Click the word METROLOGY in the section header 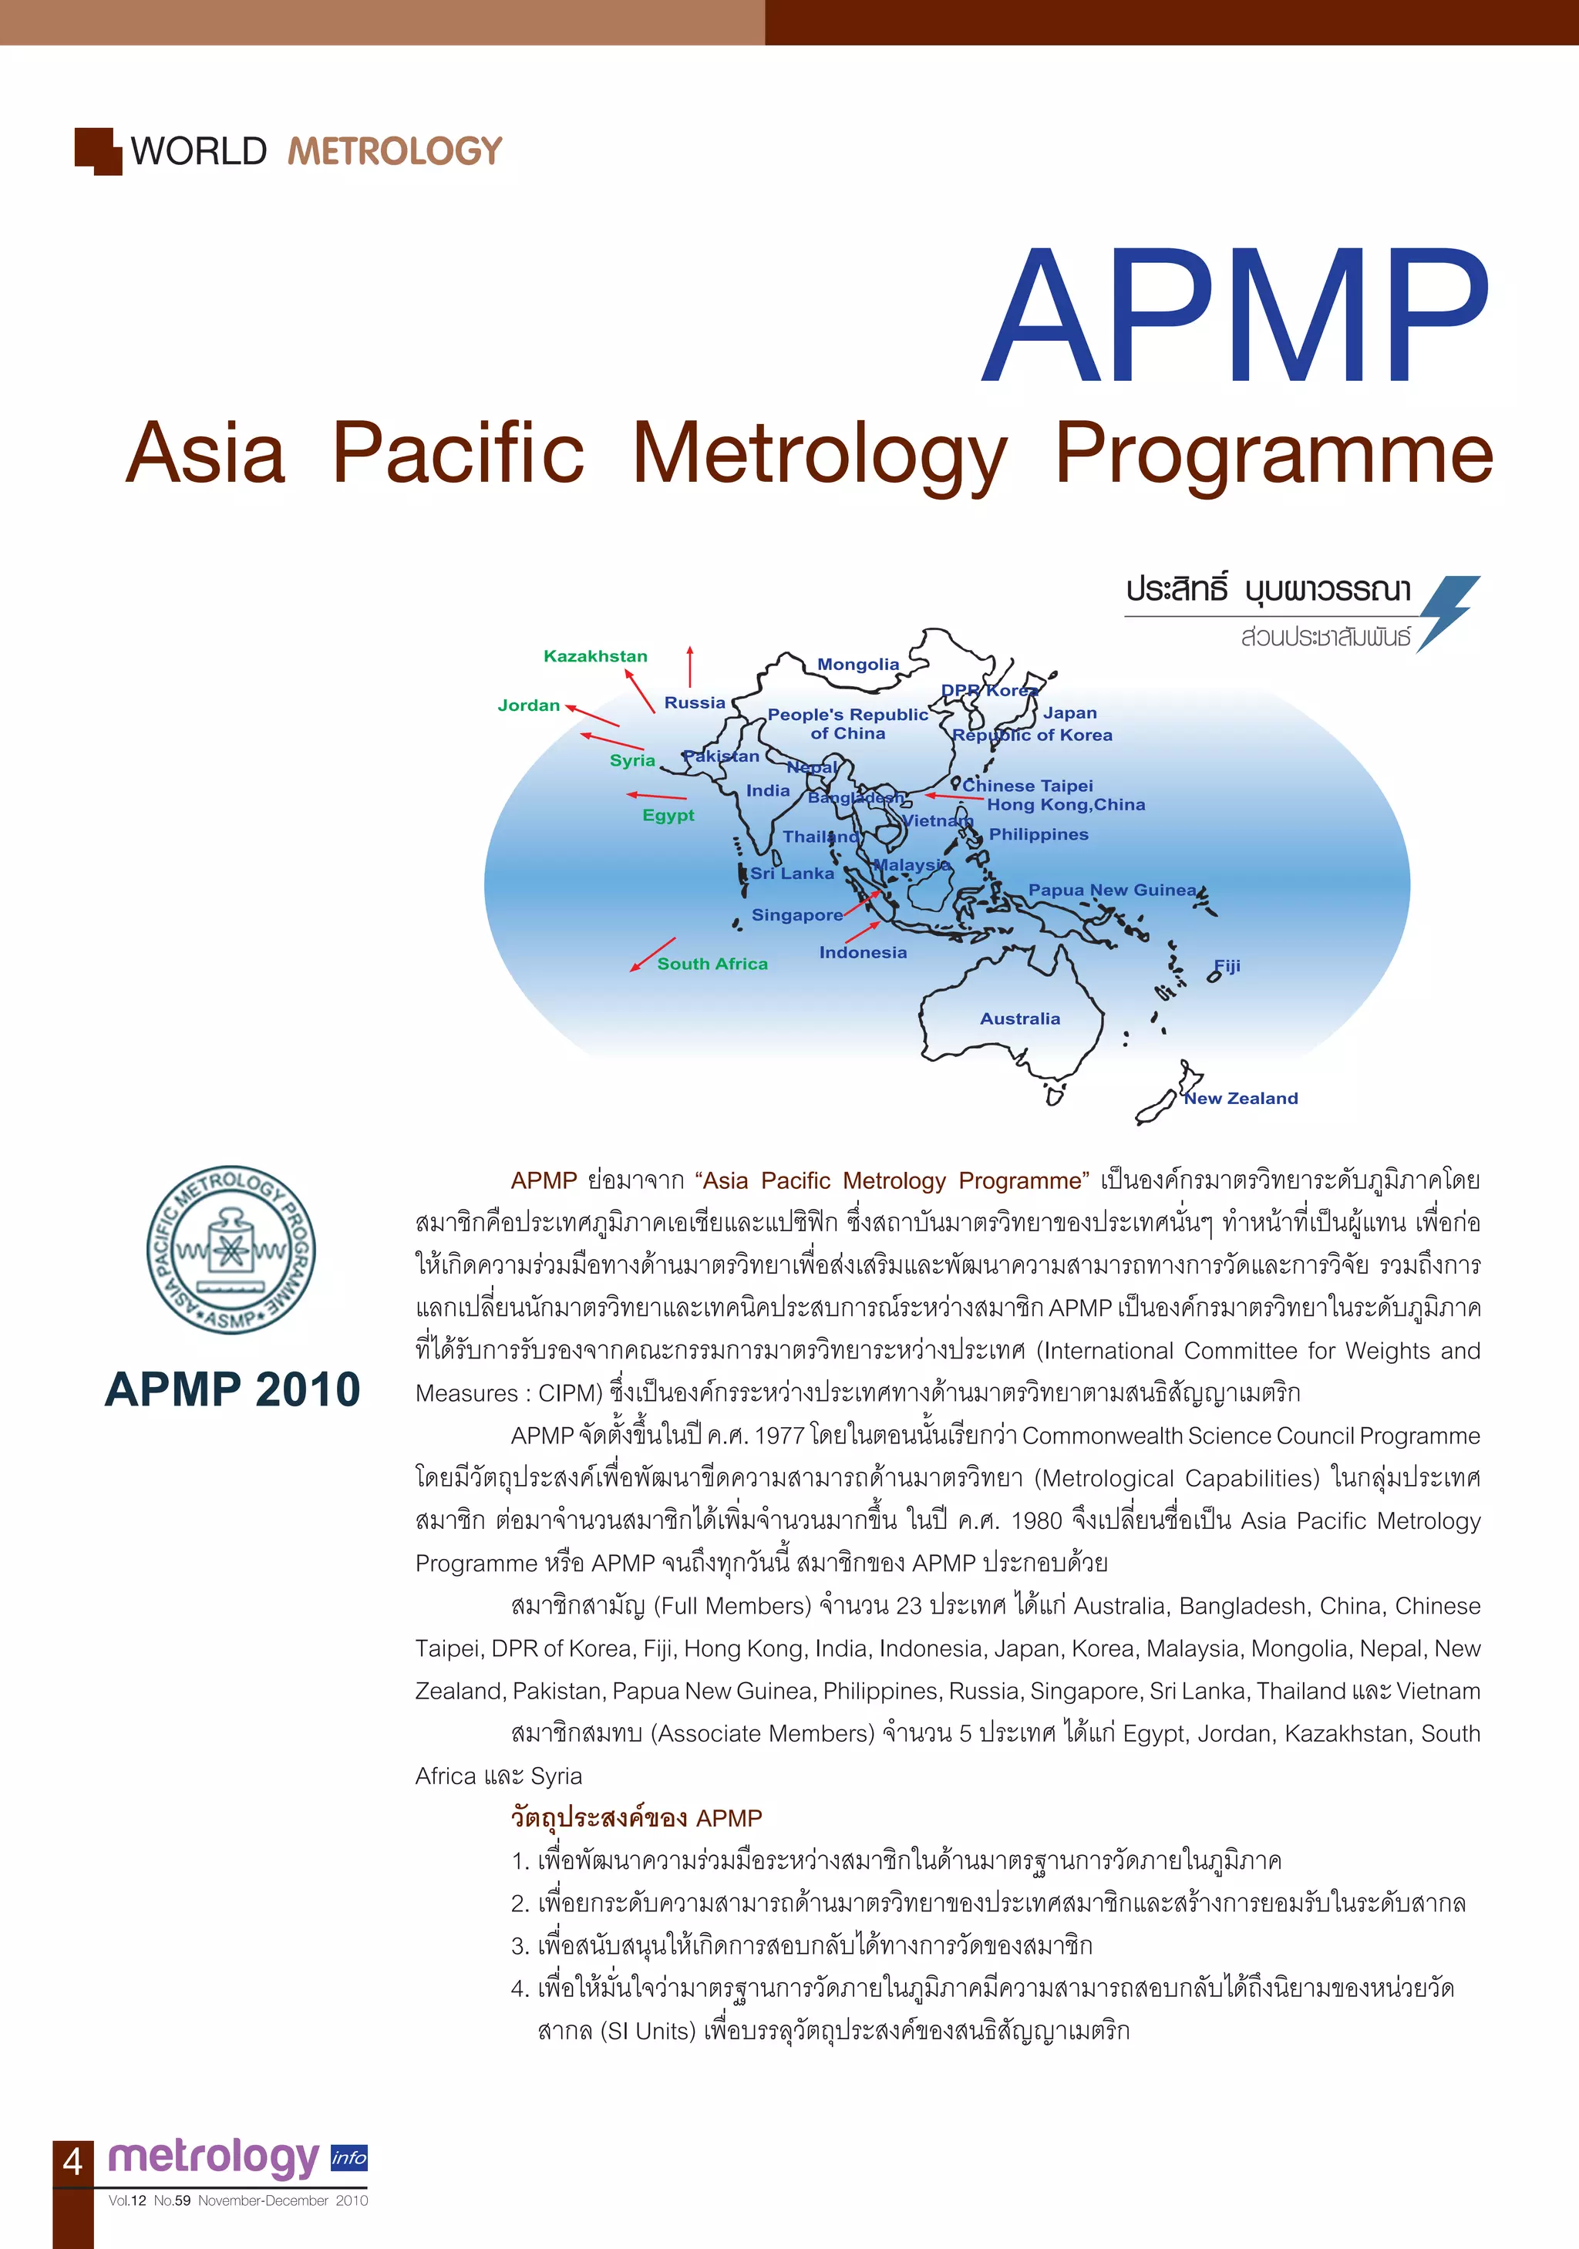click(x=395, y=152)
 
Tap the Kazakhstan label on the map click(x=595, y=656)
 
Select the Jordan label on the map click(x=529, y=705)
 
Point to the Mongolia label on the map click(x=858, y=664)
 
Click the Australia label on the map click(x=1020, y=1018)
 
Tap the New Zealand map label click(x=1241, y=1098)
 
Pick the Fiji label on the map click(x=1227, y=966)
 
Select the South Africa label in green click(x=712, y=964)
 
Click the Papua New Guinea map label click(x=1112, y=890)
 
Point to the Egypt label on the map click(x=668, y=815)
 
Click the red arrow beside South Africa click(x=652, y=954)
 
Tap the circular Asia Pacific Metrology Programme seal click(x=231, y=1250)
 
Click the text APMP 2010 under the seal click(x=232, y=1389)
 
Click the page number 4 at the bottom click(x=72, y=2162)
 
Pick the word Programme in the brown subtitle click(x=1274, y=454)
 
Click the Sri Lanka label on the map click(x=793, y=874)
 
